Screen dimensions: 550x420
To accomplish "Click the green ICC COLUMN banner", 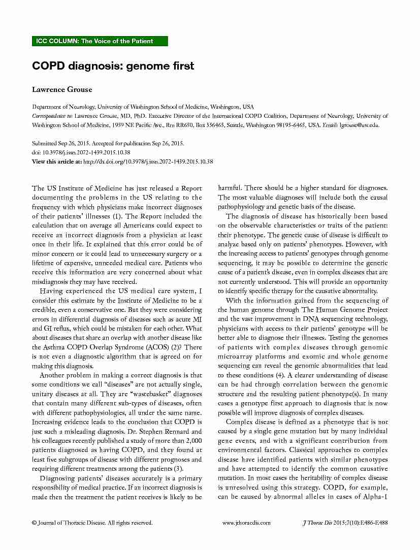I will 100,41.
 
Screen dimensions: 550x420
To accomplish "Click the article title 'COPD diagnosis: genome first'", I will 113,66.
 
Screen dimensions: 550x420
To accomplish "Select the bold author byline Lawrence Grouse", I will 62,89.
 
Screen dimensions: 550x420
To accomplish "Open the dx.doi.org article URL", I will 147,161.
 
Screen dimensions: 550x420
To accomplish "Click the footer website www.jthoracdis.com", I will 247,523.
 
